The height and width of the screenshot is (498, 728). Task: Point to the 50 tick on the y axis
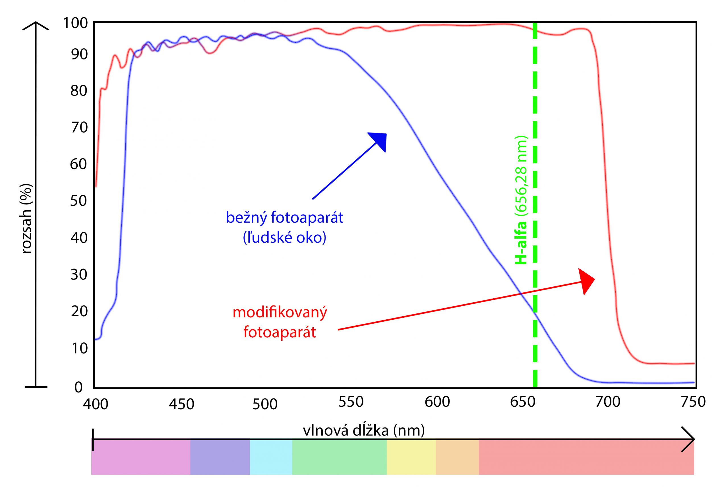tap(78, 201)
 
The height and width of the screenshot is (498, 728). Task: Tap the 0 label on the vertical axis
tap(78, 387)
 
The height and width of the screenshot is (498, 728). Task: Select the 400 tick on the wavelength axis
tap(96, 404)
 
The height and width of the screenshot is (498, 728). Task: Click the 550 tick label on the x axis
tap(351, 402)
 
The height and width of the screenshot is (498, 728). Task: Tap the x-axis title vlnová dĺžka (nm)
tap(364, 431)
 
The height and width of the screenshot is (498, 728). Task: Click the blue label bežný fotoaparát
tap(284, 217)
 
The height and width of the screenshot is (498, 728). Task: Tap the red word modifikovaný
tap(280, 313)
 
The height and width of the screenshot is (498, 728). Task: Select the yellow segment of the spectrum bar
tap(411, 457)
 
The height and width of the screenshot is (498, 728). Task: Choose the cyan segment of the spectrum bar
tap(271, 457)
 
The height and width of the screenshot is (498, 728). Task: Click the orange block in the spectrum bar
tap(457, 457)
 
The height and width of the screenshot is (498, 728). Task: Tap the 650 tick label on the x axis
tap(522, 402)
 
